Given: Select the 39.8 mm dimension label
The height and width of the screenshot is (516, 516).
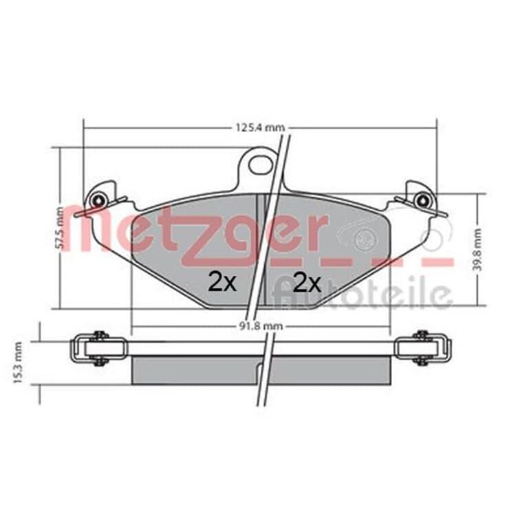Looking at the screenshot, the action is click(478, 250).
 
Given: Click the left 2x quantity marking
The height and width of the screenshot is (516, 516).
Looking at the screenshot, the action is click(222, 282).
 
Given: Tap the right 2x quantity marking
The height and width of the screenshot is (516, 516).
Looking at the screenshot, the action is click(307, 282).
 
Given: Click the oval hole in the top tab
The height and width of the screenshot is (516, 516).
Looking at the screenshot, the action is click(260, 164).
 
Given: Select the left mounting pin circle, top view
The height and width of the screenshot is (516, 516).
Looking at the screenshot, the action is click(98, 200).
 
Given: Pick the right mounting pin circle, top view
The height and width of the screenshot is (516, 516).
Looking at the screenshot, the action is click(422, 200).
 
